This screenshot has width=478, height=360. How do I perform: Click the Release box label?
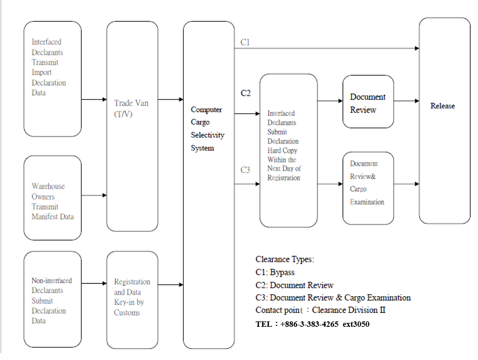point(442,106)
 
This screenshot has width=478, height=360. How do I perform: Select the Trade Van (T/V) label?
point(131,108)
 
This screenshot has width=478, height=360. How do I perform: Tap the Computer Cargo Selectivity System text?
point(207,128)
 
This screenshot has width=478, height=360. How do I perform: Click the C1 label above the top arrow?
point(245,42)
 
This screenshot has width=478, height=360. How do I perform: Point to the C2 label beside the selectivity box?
point(245,93)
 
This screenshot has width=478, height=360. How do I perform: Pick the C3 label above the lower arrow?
point(245,169)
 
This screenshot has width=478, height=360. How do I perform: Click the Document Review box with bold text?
point(368,102)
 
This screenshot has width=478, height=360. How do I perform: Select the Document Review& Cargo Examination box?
point(368,188)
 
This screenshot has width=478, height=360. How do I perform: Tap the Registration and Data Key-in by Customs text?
point(132,297)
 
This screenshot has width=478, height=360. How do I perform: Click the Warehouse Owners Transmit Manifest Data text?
point(52,201)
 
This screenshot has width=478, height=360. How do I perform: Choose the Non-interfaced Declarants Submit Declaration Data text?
point(51,301)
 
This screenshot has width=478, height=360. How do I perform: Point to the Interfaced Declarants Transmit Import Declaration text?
point(48,67)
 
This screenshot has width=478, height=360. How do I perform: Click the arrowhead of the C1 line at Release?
point(417,48)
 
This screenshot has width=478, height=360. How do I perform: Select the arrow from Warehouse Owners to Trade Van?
point(94,195)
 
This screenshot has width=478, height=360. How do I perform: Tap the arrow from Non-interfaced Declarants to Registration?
point(94,283)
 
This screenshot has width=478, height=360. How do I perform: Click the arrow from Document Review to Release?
point(406,101)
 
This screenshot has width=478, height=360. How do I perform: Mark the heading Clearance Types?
point(285,259)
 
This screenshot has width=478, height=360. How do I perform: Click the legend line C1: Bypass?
point(275,272)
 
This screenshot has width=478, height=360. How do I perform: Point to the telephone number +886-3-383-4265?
point(309,324)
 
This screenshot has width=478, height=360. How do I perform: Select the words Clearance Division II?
point(349,310)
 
